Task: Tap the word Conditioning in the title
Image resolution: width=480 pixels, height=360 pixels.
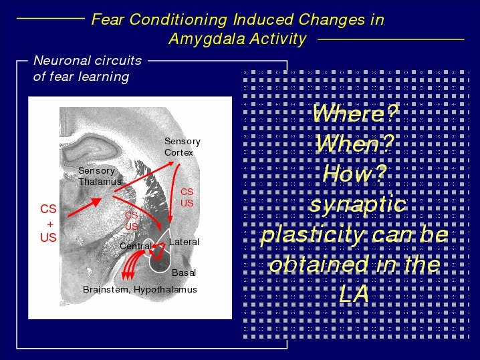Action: [178, 20]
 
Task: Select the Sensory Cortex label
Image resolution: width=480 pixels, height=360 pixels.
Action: [182, 147]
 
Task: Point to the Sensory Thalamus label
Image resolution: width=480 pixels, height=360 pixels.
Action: [100, 176]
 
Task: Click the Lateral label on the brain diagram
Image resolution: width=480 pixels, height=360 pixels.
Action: [184, 242]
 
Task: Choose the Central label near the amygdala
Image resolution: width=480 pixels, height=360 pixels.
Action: [136, 246]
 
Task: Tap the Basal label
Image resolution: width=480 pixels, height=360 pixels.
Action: [184, 273]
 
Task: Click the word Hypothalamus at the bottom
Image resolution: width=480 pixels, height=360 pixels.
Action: [165, 290]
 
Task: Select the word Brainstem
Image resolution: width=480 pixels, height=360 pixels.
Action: [106, 289]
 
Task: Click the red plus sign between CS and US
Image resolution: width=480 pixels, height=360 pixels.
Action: [50, 224]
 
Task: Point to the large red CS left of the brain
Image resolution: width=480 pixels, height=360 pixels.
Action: [48, 209]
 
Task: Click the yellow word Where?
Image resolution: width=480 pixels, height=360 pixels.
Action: [355, 114]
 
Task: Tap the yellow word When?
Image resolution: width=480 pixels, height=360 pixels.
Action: [354, 144]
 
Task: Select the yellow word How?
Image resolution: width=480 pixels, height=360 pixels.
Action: [354, 174]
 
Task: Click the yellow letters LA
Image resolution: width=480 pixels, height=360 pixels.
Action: [354, 294]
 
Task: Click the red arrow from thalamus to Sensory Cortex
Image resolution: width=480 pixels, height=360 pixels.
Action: [144, 177]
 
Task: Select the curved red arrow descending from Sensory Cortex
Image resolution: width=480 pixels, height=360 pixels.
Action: [172, 193]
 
